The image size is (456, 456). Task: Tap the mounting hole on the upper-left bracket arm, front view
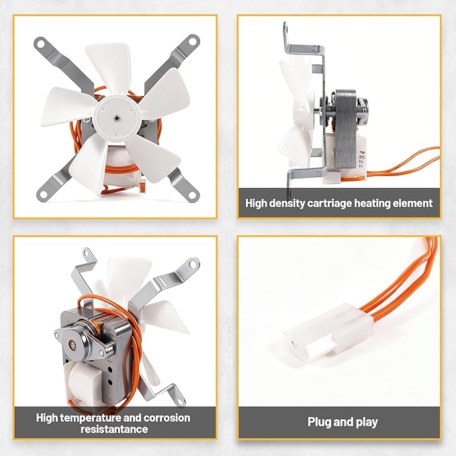(40, 44)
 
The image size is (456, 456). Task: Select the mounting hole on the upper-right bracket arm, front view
(192, 41)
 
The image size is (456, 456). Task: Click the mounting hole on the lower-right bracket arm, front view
(193, 195)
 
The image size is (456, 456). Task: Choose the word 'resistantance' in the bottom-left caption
(114, 429)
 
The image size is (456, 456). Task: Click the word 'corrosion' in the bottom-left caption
(167, 418)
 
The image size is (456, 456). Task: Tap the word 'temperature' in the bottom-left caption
(91, 418)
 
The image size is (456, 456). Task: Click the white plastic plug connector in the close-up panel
(328, 332)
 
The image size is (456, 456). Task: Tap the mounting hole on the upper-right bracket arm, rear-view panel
(192, 264)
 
